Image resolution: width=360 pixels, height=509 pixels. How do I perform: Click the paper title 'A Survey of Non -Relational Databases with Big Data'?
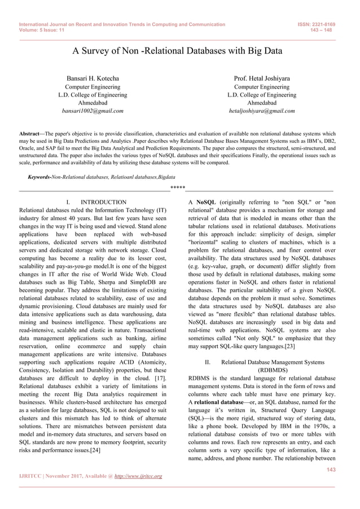point(177,51)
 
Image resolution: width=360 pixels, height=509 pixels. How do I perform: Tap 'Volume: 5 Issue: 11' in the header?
point(42,31)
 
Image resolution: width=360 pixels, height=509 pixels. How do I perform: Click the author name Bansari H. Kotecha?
point(93,77)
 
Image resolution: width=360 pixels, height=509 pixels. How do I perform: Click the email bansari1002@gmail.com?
point(93,111)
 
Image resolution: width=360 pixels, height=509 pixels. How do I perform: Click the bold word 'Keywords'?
point(39,177)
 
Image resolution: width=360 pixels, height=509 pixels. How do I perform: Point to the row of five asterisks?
point(178,188)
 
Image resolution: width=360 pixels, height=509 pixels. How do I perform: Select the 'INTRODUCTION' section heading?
point(104,202)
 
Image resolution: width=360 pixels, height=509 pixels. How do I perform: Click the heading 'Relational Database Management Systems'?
point(273,362)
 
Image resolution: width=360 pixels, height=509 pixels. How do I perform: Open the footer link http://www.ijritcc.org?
point(135,476)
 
